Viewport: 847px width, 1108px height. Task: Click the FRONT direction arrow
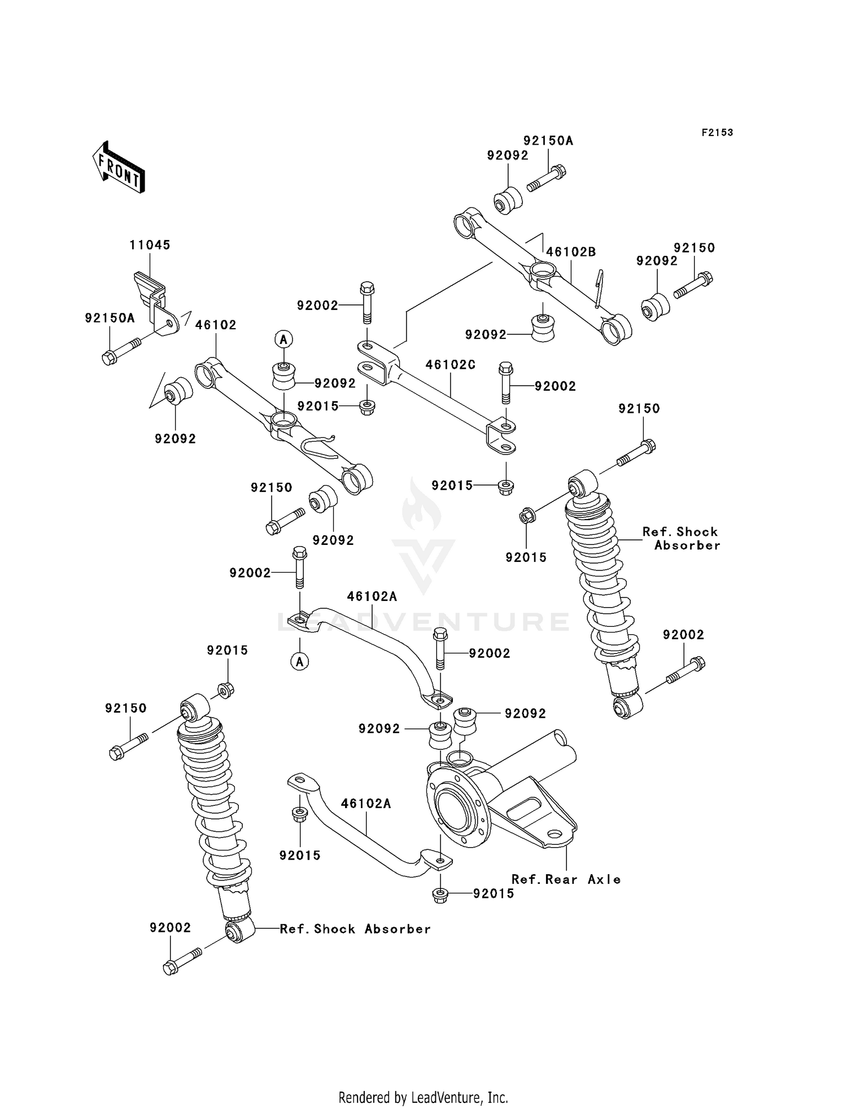tap(119, 168)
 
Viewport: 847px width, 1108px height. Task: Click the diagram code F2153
tap(717, 133)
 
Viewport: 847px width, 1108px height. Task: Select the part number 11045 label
tap(150, 245)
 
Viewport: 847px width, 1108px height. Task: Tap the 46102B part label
tap(571, 252)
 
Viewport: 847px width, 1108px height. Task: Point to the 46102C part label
tap(450, 365)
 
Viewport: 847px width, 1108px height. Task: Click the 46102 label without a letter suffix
tap(216, 325)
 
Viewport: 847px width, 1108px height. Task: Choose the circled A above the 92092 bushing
tap(283, 339)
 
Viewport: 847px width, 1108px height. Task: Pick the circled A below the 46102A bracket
tap(300, 661)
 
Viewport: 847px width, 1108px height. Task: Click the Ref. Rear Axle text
tap(566, 879)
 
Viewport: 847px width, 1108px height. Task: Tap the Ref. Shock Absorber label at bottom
tap(355, 929)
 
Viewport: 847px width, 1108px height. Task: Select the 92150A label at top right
tap(548, 141)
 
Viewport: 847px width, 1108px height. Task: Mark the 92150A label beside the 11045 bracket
tap(110, 318)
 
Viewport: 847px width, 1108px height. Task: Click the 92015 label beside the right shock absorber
tap(526, 557)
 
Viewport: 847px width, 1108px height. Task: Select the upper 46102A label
tap(372, 596)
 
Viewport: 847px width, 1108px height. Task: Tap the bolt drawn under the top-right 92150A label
tap(546, 177)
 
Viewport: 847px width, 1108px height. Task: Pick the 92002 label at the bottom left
tap(170, 928)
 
